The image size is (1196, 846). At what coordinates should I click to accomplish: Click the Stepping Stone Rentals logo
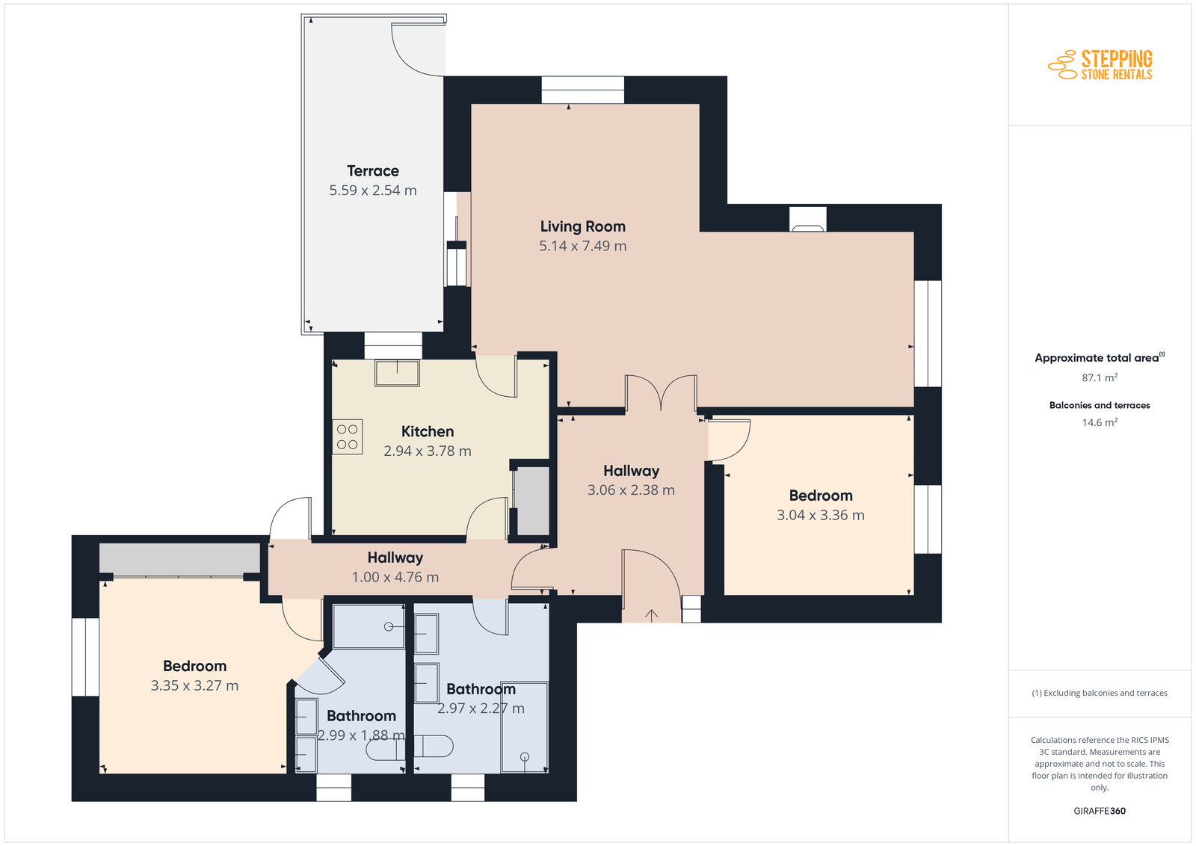click(x=1100, y=65)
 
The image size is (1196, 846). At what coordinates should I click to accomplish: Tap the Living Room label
click(x=582, y=226)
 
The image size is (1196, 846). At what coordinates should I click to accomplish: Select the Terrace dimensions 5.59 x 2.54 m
click(x=373, y=191)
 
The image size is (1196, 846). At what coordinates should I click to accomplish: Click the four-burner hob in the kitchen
click(x=347, y=436)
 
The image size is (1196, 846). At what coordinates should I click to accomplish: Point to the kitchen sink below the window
click(x=397, y=373)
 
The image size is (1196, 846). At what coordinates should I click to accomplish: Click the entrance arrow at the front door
click(x=651, y=615)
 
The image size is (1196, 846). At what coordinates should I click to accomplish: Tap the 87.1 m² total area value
click(x=1100, y=377)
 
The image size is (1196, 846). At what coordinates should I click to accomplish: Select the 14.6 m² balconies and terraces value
click(x=1100, y=422)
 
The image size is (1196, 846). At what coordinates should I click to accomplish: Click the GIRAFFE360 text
click(x=1100, y=811)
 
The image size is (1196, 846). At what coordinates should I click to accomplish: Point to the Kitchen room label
click(x=427, y=431)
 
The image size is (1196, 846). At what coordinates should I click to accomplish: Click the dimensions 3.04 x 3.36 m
click(x=821, y=515)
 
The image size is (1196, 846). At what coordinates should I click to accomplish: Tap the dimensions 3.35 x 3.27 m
click(x=194, y=685)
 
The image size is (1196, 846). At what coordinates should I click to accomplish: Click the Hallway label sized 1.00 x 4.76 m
click(x=395, y=558)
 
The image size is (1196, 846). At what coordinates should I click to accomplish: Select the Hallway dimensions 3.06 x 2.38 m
click(x=631, y=490)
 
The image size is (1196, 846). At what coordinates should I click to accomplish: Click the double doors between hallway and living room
click(x=661, y=393)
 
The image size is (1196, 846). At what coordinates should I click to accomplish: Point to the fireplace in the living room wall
click(x=808, y=220)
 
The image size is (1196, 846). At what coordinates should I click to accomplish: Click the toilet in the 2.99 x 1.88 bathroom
click(x=384, y=750)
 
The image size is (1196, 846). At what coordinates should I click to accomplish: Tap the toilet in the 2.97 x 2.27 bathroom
click(x=434, y=746)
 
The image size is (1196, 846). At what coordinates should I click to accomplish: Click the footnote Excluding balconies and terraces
click(x=1100, y=693)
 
